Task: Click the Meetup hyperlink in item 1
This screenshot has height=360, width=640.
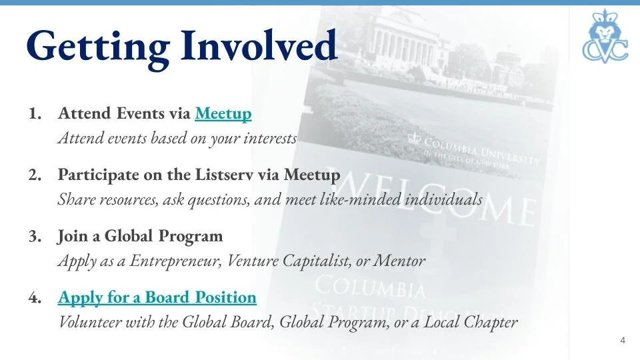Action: tap(223, 114)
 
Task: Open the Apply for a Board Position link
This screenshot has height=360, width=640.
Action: tap(157, 297)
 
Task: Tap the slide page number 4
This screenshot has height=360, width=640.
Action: tap(623, 341)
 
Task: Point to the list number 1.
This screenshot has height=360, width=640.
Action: tap(35, 114)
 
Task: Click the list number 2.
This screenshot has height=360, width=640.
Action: tap(35, 175)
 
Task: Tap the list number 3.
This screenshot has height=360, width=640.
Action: tap(35, 237)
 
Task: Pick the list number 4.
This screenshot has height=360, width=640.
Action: tap(35, 297)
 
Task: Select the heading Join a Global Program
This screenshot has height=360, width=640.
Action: tap(140, 237)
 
